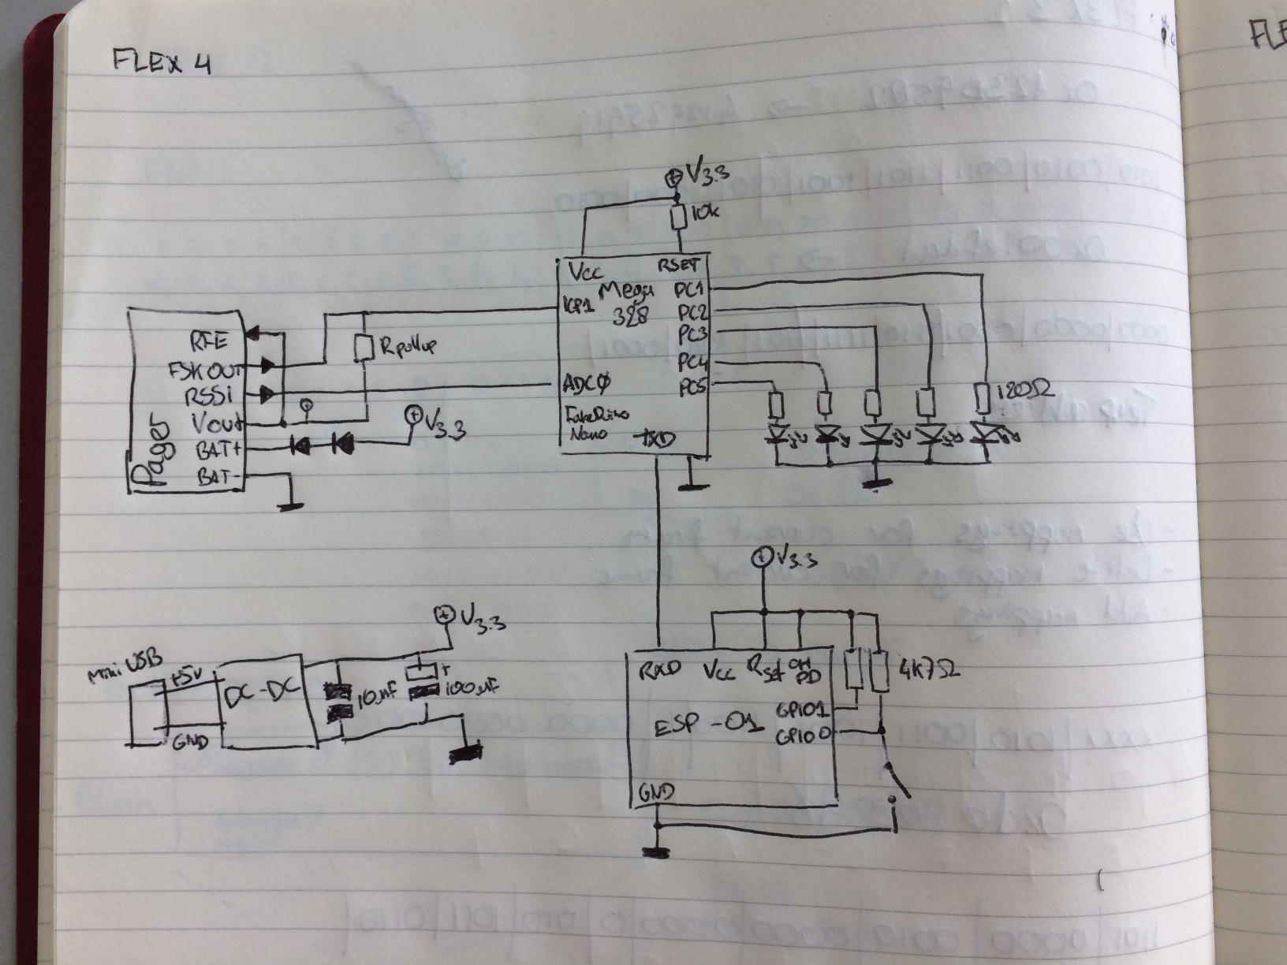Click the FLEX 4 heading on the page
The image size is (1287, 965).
click(x=162, y=61)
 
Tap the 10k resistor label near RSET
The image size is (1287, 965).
click(x=703, y=213)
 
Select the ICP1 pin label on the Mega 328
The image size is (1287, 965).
click(x=580, y=305)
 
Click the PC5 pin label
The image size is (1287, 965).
click(x=692, y=388)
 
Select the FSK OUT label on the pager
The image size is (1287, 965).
click(x=205, y=368)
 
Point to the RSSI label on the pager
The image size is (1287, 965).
click(x=208, y=394)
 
